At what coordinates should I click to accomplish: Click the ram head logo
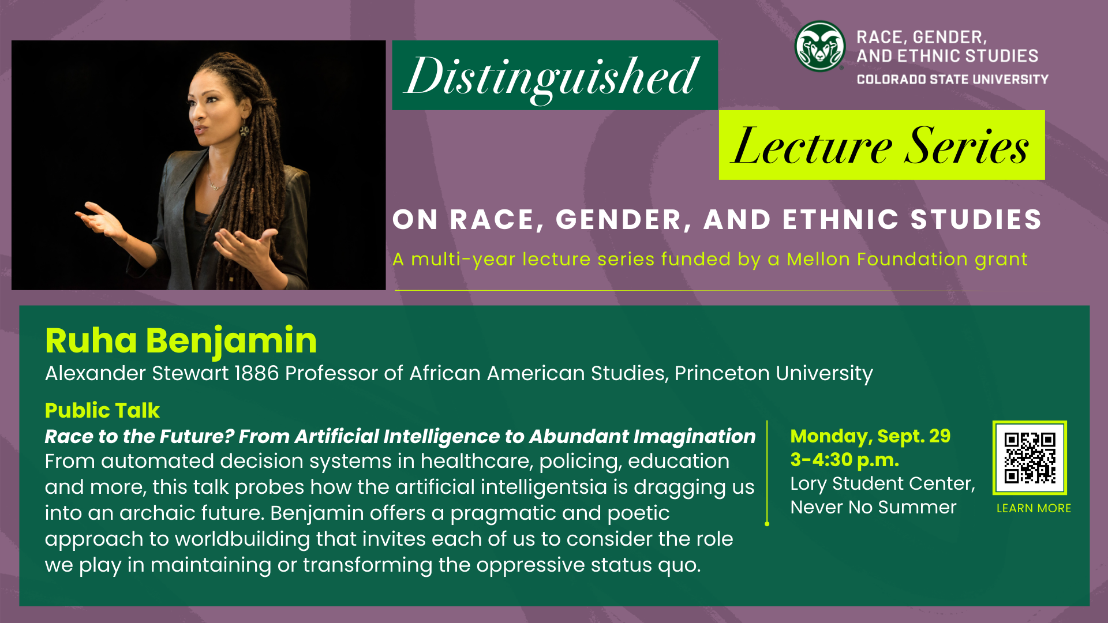pyautogui.click(x=819, y=47)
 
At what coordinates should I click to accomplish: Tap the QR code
pyautogui.click(x=1030, y=457)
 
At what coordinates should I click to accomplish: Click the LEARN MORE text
pyautogui.click(x=1034, y=508)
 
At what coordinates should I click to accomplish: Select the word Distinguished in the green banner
pyautogui.click(x=553, y=76)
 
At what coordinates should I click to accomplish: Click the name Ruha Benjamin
pyautogui.click(x=181, y=340)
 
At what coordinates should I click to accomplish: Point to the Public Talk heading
pyautogui.click(x=102, y=410)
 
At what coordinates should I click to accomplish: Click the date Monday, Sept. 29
pyautogui.click(x=870, y=436)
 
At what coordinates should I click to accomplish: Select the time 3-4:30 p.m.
pyautogui.click(x=845, y=460)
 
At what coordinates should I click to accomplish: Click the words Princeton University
pyautogui.click(x=773, y=373)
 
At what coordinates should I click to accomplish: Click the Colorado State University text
pyautogui.click(x=952, y=80)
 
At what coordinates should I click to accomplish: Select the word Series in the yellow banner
pyautogui.click(x=967, y=146)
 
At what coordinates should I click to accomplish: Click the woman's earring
pyautogui.click(x=244, y=132)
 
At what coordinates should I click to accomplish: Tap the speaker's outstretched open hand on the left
pyautogui.click(x=98, y=217)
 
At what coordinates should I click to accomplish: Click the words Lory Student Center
pyautogui.click(x=882, y=483)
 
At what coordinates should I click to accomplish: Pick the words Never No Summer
pyautogui.click(x=873, y=507)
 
